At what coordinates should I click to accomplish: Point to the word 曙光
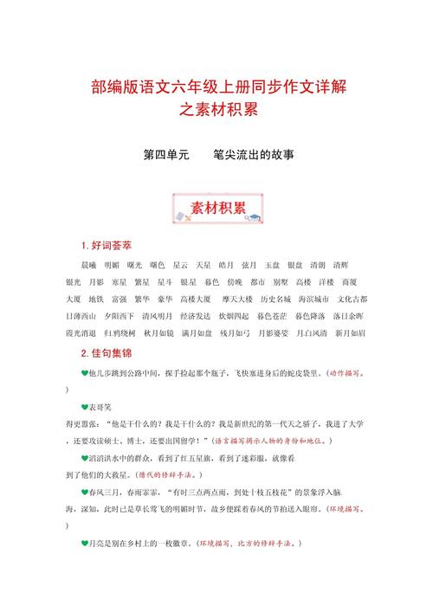tap(134, 265)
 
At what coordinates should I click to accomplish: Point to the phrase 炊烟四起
tap(248, 316)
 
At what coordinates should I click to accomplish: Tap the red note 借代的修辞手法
tap(167, 475)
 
